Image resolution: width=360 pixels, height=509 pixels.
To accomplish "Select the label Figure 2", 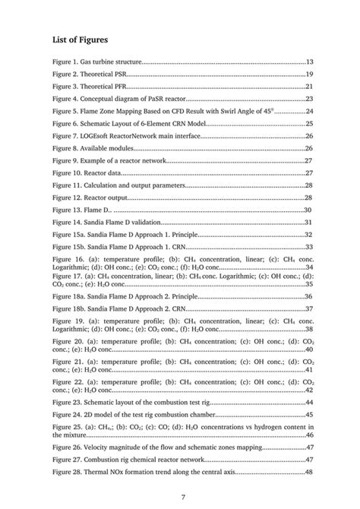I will pyautogui.click(x=66, y=74).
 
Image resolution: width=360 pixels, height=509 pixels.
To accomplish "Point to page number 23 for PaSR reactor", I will pyautogui.click(x=310, y=99).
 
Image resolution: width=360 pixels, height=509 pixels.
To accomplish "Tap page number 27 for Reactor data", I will pyautogui.click(x=310, y=172).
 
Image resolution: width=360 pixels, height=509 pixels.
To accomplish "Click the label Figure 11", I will pyautogui.click(x=68, y=185).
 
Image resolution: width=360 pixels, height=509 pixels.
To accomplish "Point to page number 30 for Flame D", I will pyautogui.click(x=309, y=210).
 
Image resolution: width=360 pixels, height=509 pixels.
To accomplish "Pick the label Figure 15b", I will pyautogui.click(x=70, y=246).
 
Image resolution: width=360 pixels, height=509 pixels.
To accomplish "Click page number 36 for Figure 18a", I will pyautogui.click(x=310, y=296).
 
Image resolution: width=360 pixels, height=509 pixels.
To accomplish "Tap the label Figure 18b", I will pyautogui.click(x=70, y=308).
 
